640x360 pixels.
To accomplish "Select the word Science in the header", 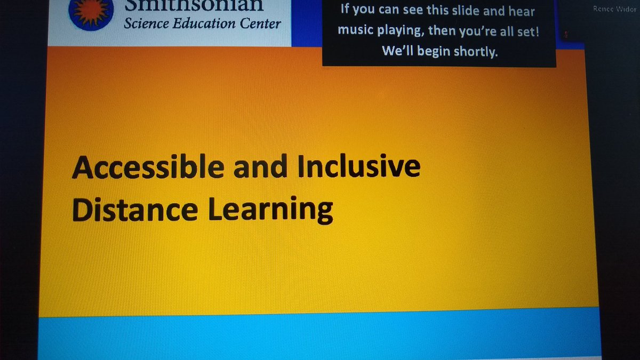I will pos(146,22).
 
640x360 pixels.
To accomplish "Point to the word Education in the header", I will pos(205,22).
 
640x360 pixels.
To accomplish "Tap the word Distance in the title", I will pos(134,210).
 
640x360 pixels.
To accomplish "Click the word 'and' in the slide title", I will pos(254,167).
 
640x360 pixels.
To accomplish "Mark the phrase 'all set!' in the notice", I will pos(518,32).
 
